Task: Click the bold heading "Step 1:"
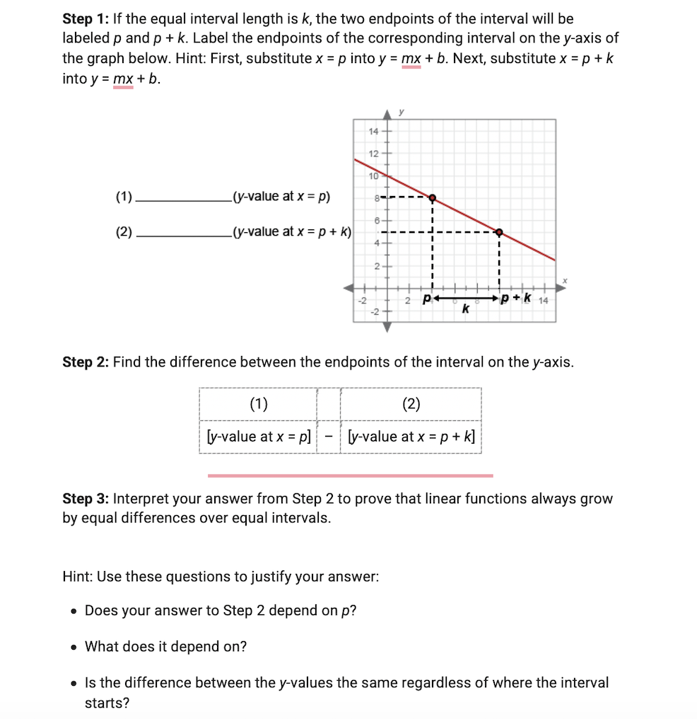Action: [x=86, y=19]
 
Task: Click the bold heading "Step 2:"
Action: [x=86, y=362]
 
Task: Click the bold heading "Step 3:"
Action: [x=86, y=499]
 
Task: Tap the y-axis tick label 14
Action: [x=374, y=132]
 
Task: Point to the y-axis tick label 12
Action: [x=374, y=154]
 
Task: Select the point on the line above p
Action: [x=432, y=198]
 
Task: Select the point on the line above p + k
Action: [x=499, y=232]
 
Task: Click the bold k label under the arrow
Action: [x=465, y=309]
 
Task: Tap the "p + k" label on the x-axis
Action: [x=517, y=298]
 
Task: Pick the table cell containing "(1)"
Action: [x=258, y=404]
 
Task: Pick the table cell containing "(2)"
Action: [x=411, y=404]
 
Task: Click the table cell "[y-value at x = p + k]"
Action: [x=411, y=437]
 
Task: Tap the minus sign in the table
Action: [x=329, y=437]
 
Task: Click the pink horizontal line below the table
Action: [x=350, y=476]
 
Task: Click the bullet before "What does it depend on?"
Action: [x=74, y=647]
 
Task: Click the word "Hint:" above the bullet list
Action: [x=78, y=576]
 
